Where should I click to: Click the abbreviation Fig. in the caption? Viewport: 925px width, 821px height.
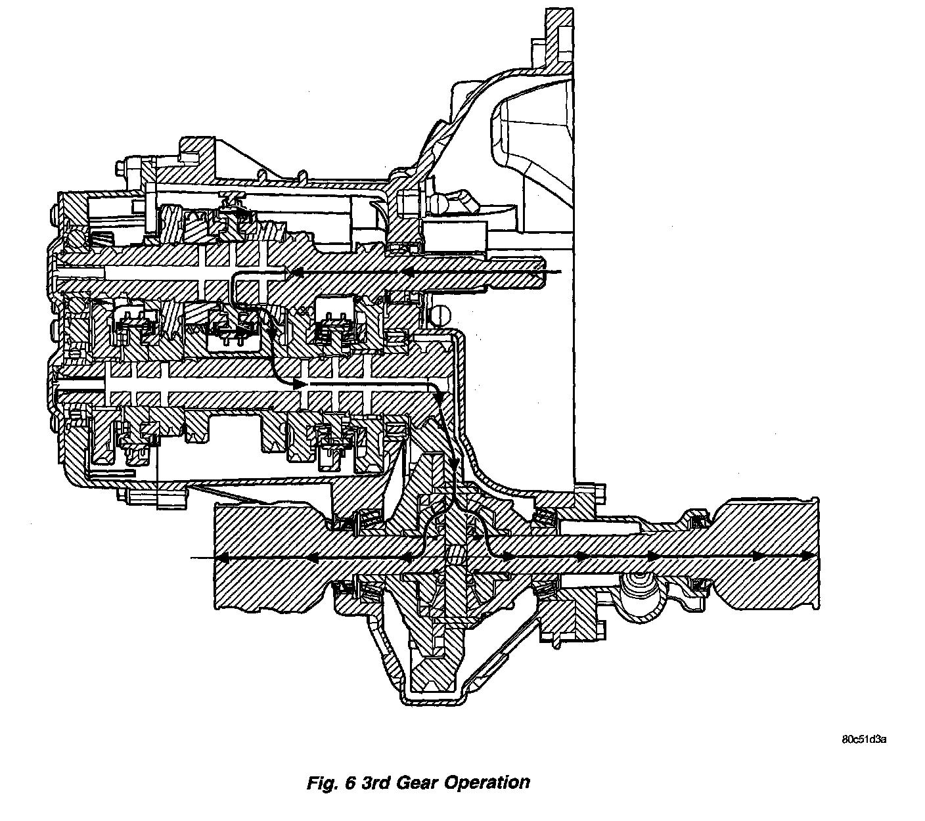click(322, 783)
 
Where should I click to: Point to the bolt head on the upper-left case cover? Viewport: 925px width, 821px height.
click(122, 169)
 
